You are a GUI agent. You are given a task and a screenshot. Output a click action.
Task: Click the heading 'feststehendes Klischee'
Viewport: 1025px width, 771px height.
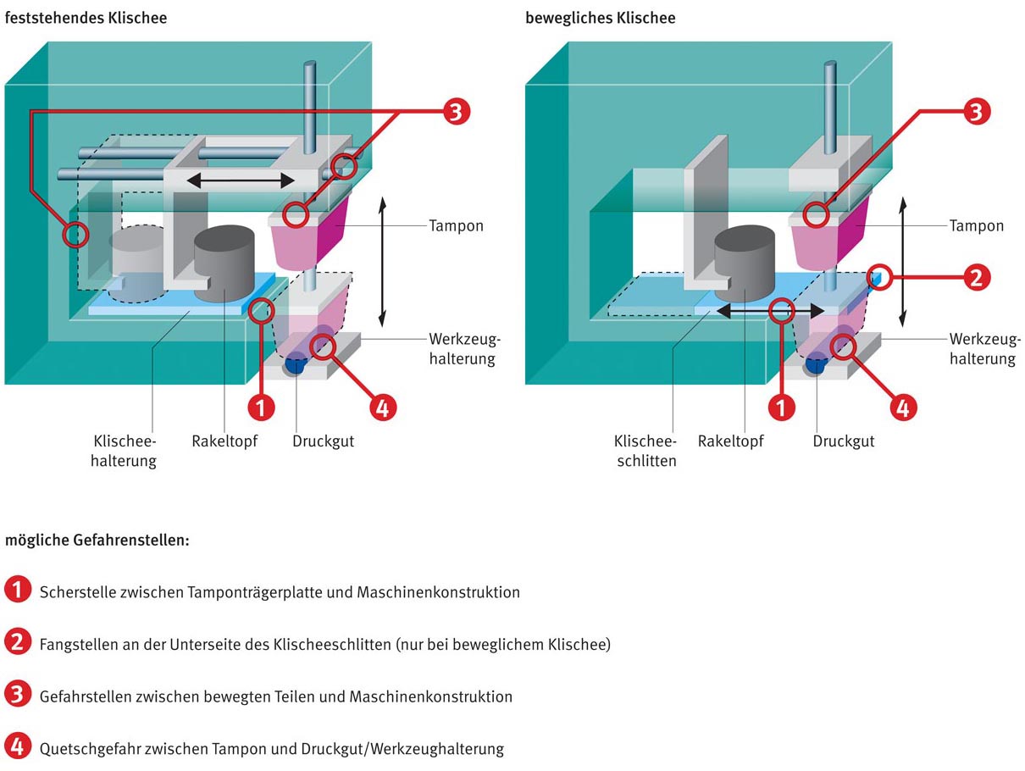[x=86, y=18]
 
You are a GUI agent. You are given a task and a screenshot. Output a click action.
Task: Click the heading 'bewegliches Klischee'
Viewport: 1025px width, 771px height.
[x=601, y=18]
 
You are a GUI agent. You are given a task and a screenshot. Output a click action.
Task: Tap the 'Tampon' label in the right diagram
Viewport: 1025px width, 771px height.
[x=978, y=226]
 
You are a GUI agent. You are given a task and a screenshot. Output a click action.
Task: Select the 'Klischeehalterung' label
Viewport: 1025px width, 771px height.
[x=124, y=452]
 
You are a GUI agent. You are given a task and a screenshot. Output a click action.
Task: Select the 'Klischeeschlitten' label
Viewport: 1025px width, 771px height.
[x=645, y=452]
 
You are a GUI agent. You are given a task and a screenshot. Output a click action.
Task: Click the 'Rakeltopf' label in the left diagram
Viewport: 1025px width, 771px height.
[x=224, y=441]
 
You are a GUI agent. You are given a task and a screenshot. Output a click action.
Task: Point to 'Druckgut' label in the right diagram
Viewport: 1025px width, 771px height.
[x=844, y=441]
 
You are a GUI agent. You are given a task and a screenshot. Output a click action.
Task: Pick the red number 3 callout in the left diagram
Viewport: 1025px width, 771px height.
[x=456, y=113]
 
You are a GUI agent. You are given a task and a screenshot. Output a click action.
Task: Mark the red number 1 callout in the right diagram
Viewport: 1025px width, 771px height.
[x=781, y=408]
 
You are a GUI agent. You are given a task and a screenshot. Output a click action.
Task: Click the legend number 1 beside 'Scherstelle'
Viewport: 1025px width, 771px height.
[x=17, y=591]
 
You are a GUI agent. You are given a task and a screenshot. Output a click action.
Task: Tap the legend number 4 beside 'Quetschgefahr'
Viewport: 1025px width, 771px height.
[x=17, y=747]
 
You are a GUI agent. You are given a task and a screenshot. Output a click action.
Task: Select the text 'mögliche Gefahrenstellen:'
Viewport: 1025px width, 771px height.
[x=97, y=540]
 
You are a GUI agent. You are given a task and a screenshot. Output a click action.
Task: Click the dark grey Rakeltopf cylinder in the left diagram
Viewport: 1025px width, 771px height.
[x=224, y=263]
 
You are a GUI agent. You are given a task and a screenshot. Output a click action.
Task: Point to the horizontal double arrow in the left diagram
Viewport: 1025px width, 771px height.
[x=241, y=180]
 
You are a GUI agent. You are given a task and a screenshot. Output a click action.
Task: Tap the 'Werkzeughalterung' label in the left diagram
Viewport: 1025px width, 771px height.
[x=464, y=349]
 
